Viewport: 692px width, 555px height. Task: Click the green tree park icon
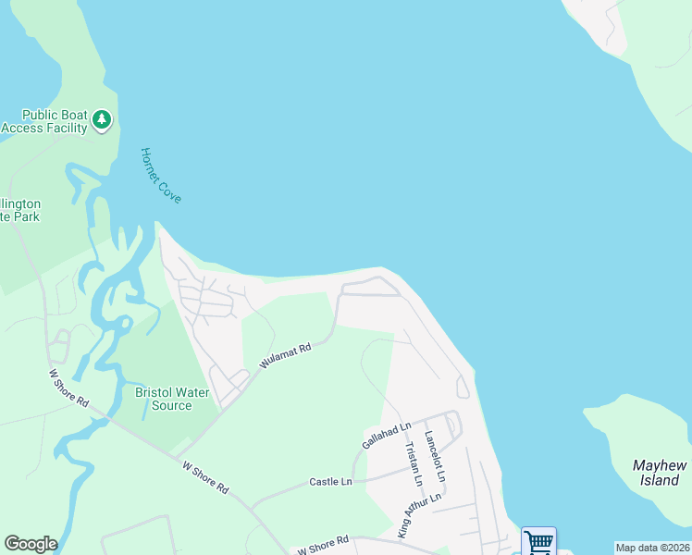(x=102, y=119)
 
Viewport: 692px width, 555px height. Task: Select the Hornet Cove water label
(x=161, y=175)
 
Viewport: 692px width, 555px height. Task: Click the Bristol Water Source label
(x=164, y=399)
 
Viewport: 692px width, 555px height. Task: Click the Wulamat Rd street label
(x=285, y=356)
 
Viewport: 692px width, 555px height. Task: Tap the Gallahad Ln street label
(x=386, y=436)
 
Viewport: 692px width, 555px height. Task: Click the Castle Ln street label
(x=330, y=482)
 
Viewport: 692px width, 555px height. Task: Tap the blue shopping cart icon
(x=538, y=541)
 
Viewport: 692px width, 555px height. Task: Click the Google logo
(x=31, y=544)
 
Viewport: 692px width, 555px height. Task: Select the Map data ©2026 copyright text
(x=652, y=548)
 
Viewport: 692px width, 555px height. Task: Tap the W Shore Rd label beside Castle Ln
(x=204, y=477)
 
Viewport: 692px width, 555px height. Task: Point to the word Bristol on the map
(x=154, y=392)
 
